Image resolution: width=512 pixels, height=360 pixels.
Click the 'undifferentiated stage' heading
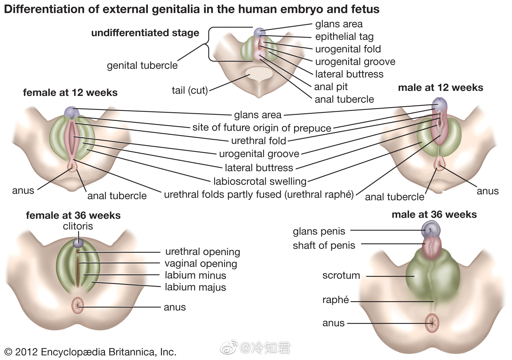[145, 33]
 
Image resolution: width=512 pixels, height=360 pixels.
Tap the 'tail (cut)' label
[190, 90]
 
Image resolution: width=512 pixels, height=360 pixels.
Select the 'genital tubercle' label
[142, 66]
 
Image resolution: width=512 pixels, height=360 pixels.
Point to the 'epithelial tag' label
[344, 37]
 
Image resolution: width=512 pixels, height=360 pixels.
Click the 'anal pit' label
[331, 87]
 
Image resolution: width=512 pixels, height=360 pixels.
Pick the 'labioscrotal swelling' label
[260, 182]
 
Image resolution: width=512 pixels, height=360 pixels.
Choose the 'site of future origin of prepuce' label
[262, 128]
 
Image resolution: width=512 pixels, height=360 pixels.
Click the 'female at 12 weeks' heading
[70, 93]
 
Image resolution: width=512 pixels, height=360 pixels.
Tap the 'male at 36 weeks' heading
[434, 215]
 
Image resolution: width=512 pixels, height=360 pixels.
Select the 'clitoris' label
[78, 226]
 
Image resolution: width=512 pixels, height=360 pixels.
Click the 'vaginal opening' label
[201, 264]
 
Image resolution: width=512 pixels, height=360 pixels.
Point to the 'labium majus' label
[195, 287]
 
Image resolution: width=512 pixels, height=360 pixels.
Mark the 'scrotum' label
[341, 276]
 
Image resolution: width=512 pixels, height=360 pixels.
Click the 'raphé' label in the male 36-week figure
[335, 300]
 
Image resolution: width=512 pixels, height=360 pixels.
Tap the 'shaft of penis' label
[324, 246]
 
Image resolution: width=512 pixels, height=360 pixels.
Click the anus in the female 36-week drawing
[77, 305]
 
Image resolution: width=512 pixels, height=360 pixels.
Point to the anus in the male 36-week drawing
[432, 323]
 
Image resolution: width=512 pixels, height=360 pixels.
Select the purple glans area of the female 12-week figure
[71, 112]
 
